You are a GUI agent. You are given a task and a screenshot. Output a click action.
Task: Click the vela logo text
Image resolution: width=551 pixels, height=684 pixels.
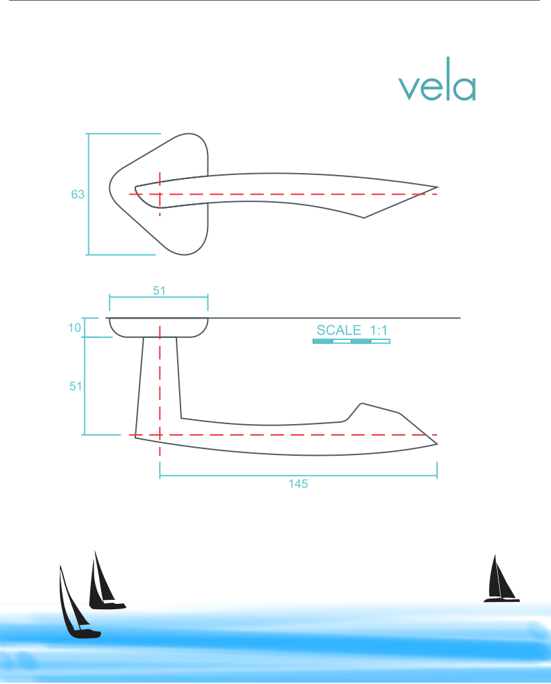click(437, 88)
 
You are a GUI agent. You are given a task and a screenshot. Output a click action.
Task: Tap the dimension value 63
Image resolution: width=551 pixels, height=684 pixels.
click(77, 195)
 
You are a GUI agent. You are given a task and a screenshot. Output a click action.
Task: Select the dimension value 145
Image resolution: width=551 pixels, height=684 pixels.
click(298, 484)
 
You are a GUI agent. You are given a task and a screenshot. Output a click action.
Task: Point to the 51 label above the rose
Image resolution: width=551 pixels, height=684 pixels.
click(158, 291)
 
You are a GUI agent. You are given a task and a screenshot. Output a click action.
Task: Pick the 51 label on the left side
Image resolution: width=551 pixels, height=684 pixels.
click(76, 386)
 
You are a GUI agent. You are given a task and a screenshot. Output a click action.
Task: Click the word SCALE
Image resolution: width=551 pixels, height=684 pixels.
click(339, 330)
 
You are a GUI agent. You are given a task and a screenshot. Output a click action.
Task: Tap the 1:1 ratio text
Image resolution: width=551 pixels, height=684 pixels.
click(379, 330)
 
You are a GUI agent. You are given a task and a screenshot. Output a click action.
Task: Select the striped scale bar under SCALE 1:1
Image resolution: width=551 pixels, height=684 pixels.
click(351, 341)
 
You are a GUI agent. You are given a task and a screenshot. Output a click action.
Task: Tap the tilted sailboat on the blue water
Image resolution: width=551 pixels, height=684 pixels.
click(75, 606)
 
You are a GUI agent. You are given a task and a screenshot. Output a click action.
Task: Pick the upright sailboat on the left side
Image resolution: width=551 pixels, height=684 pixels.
click(104, 583)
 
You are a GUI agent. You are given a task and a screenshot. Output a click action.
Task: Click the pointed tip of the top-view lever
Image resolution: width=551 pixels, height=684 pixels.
click(437, 187)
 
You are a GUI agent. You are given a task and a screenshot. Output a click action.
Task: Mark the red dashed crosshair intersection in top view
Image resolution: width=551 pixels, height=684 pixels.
click(160, 194)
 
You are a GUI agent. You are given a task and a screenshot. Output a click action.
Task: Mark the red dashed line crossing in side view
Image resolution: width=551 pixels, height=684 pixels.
click(160, 435)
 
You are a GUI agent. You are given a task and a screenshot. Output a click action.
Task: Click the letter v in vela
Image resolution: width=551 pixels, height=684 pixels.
click(408, 89)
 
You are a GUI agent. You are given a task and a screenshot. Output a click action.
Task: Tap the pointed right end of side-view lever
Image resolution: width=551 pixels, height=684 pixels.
click(436, 444)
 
